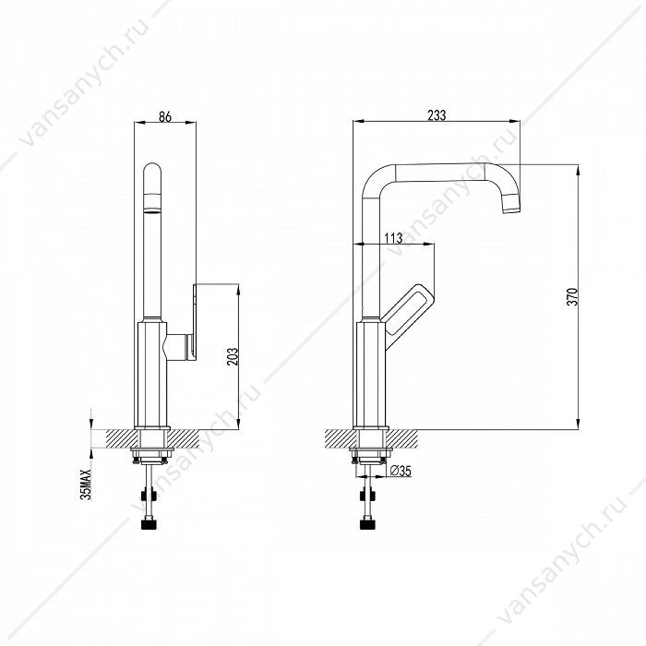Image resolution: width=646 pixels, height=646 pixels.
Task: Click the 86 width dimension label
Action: [x=165, y=116]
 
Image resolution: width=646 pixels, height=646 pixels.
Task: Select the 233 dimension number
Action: [x=437, y=115]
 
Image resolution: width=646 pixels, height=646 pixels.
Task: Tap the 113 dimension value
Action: [x=393, y=238]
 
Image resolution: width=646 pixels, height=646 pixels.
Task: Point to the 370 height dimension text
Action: [x=573, y=296]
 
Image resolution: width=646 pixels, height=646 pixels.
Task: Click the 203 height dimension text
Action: [x=233, y=357]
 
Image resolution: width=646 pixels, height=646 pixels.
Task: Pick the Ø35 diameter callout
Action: [x=401, y=471]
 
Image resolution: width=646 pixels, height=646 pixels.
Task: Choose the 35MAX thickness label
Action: [x=85, y=484]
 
